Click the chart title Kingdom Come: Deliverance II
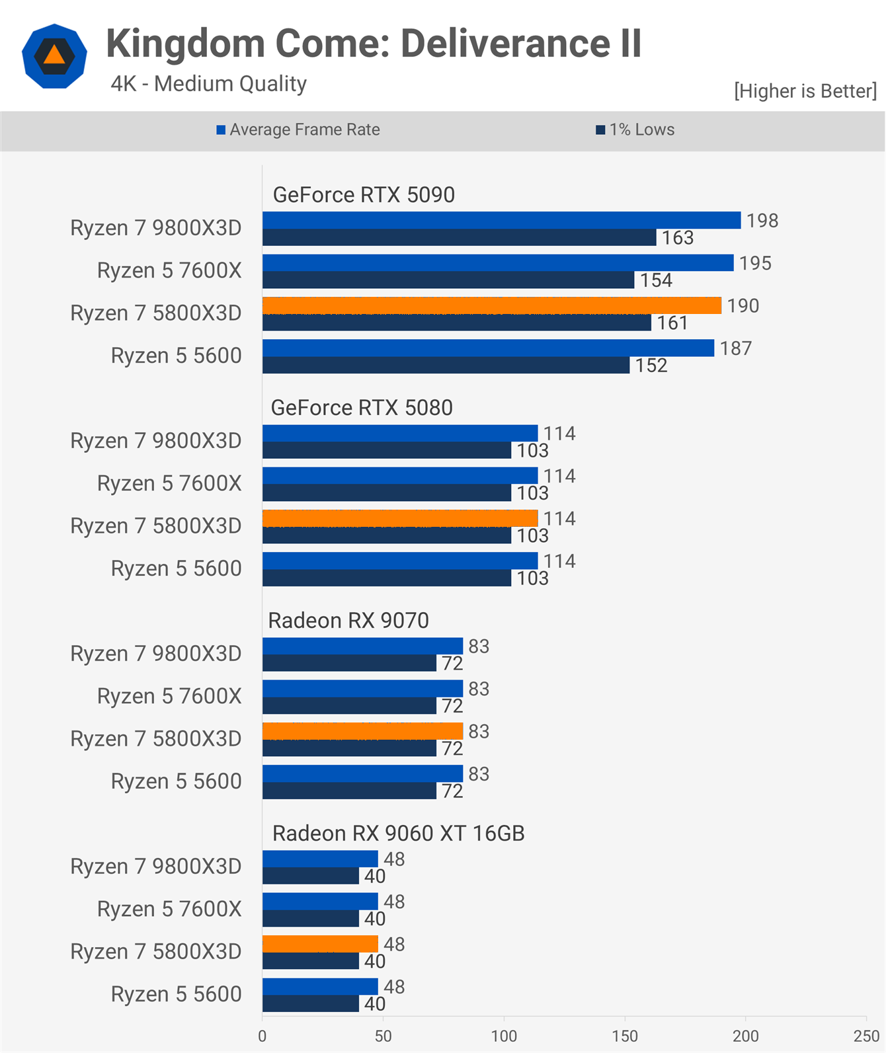(x=374, y=44)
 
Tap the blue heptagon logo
(x=54, y=56)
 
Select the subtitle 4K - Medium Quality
(x=208, y=84)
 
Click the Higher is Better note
(x=805, y=91)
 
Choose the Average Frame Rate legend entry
(x=299, y=130)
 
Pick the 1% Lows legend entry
(x=635, y=130)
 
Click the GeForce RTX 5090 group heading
(x=364, y=195)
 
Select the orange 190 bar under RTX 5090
(x=491, y=305)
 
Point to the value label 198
(x=762, y=221)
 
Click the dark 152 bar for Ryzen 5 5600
(x=446, y=366)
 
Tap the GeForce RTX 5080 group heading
(x=362, y=408)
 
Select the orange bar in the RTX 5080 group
(x=400, y=518)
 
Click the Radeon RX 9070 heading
(x=348, y=621)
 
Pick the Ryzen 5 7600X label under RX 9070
(x=169, y=696)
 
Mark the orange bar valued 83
(x=362, y=731)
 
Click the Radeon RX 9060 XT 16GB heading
(x=398, y=834)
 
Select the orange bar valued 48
(x=320, y=944)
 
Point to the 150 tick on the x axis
(x=625, y=1036)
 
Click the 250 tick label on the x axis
(x=866, y=1036)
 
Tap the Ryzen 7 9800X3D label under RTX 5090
(x=156, y=228)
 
